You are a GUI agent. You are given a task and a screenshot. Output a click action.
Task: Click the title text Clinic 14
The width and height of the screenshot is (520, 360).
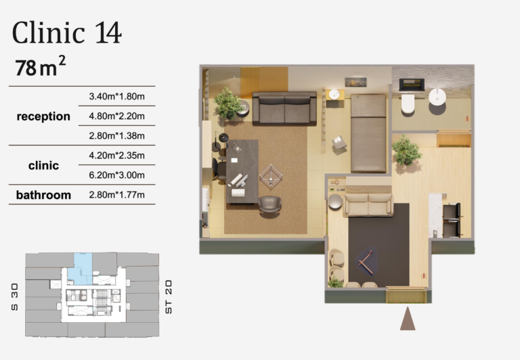click(x=66, y=32)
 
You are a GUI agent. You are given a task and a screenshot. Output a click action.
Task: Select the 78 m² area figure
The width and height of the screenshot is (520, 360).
click(x=40, y=66)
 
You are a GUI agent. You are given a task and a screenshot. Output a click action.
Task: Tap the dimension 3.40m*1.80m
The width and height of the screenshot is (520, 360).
click(x=116, y=97)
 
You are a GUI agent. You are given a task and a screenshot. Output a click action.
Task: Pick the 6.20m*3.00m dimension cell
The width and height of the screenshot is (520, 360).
click(x=116, y=175)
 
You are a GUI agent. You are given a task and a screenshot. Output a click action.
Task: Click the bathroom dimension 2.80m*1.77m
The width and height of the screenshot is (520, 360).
click(x=116, y=195)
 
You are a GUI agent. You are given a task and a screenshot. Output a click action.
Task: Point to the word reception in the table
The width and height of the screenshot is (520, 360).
click(x=43, y=116)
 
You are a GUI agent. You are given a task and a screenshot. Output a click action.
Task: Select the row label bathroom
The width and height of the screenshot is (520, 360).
click(x=43, y=195)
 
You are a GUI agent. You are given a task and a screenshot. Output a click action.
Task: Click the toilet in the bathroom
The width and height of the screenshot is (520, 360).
click(x=408, y=104)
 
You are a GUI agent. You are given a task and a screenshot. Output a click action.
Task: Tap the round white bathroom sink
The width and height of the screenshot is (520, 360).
click(x=437, y=97)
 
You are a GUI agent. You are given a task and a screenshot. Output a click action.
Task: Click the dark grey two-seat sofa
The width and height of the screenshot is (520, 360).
click(x=284, y=108)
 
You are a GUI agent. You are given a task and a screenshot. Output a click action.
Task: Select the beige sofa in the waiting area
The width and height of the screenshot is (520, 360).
click(x=368, y=204)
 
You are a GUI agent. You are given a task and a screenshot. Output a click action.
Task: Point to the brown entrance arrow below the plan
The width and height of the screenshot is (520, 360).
click(x=408, y=319)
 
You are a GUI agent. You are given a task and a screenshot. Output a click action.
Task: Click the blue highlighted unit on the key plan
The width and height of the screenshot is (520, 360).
click(x=81, y=269)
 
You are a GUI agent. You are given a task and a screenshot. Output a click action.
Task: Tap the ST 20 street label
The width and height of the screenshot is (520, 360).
click(x=169, y=297)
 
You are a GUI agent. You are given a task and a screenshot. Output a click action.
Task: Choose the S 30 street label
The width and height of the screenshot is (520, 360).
click(x=15, y=297)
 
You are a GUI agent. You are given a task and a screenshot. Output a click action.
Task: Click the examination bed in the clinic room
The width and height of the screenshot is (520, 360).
click(x=368, y=133)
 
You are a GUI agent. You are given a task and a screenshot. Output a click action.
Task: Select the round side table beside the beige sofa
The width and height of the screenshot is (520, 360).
click(x=335, y=202)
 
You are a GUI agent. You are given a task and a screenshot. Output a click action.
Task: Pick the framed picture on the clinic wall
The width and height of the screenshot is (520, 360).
click(x=355, y=82)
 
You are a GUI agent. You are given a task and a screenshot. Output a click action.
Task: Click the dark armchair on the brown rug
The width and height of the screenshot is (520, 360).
click(x=269, y=206)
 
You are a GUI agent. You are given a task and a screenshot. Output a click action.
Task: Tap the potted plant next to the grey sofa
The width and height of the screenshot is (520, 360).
click(x=227, y=103)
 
